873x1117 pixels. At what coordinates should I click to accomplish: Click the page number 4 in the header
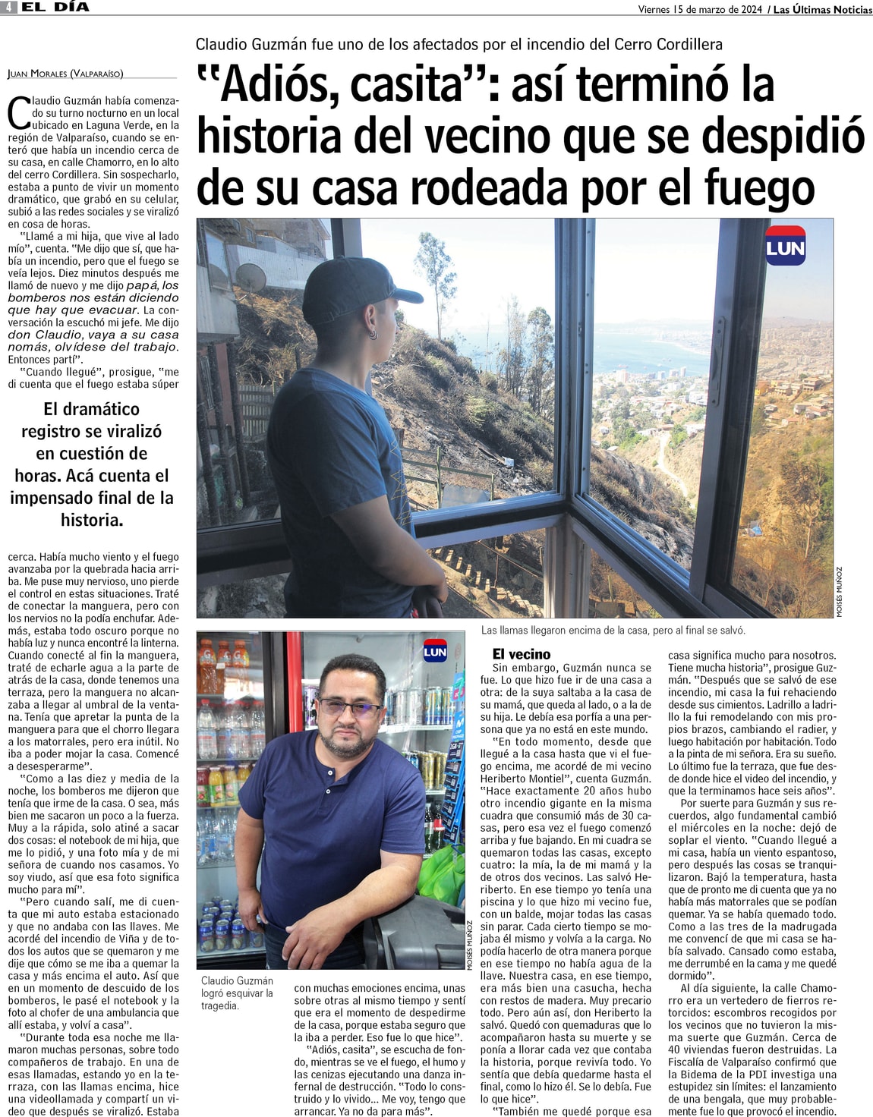pyautogui.click(x=9, y=8)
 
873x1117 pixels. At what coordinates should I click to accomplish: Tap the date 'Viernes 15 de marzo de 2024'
pyautogui.click(x=700, y=10)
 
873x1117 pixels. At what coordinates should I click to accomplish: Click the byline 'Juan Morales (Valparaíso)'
pyautogui.click(x=65, y=74)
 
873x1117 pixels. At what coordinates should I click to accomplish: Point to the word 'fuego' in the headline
pyautogui.click(x=758, y=187)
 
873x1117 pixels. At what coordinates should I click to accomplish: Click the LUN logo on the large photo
pyautogui.click(x=785, y=247)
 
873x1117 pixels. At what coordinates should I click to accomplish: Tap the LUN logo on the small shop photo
pyautogui.click(x=435, y=651)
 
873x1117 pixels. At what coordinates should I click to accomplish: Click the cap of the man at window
pyautogui.click(x=357, y=284)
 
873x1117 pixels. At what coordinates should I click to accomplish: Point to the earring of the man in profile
pyautogui.click(x=373, y=335)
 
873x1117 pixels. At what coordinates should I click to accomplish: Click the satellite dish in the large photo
pyautogui.click(x=250, y=278)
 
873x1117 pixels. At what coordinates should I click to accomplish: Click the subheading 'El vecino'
pyautogui.click(x=522, y=654)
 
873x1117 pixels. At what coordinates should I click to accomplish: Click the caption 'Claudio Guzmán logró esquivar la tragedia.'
pyautogui.click(x=237, y=993)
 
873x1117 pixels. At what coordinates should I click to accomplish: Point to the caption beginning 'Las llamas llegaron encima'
pyautogui.click(x=613, y=631)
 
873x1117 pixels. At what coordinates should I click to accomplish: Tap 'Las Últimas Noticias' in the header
pyautogui.click(x=822, y=10)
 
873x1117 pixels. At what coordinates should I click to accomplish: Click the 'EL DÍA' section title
pyautogui.click(x=55, y=8)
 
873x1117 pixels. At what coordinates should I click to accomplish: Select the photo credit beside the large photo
pyautogui.click(x=839, y=592)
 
